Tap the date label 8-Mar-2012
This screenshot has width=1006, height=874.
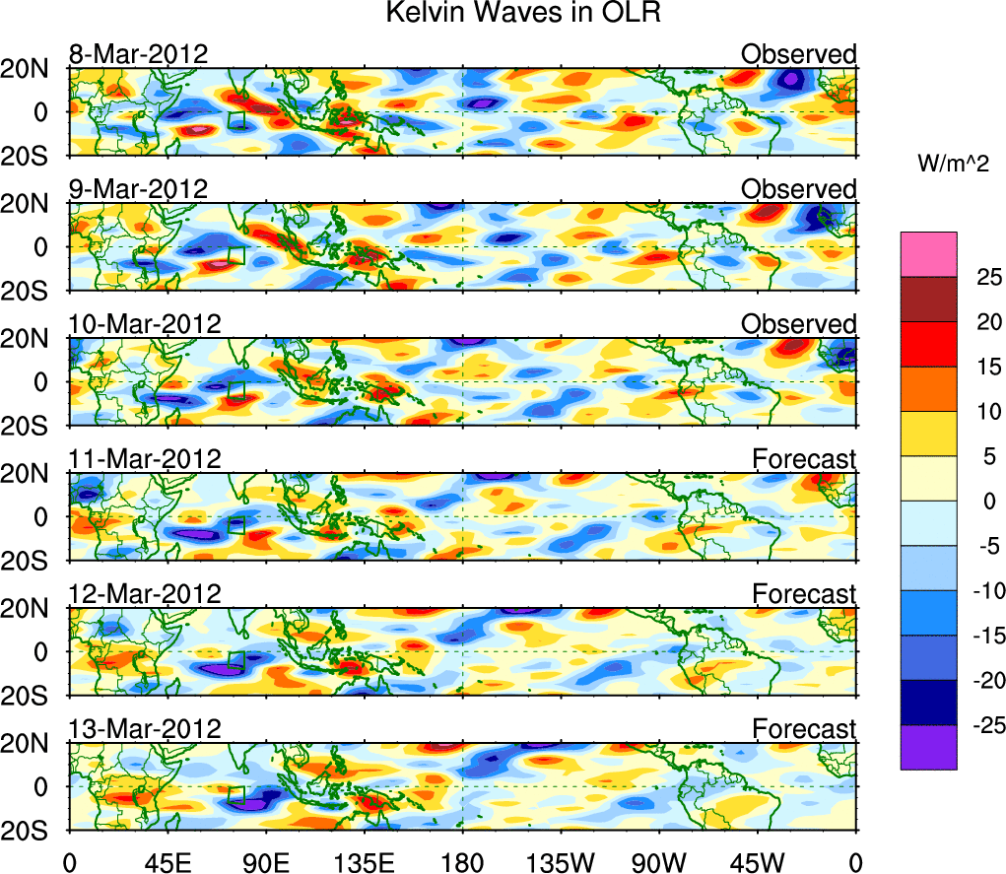pyautogui.click(x=138, y=54)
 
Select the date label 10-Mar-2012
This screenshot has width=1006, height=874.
pyautogui.click(x=144, y=324)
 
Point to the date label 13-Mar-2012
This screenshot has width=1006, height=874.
pyautogui.click(x=144, y=728)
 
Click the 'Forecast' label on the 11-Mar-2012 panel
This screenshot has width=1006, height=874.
pyautogui.click(x=804, y=459)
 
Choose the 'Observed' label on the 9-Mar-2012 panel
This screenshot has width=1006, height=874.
pyautogui.click(x=798, y=189)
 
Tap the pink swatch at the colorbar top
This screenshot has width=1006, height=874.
pyautogui.click(x=928, y=254)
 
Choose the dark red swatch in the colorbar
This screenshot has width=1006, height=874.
pyautogui.click(x=928, y=300)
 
